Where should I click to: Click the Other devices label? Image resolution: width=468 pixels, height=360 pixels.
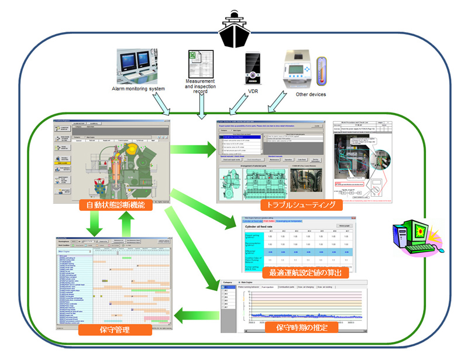click(311, 94)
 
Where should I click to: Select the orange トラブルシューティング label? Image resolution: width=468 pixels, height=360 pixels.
click(301, 205)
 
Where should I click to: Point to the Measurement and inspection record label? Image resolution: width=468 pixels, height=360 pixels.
click(200, 87)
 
